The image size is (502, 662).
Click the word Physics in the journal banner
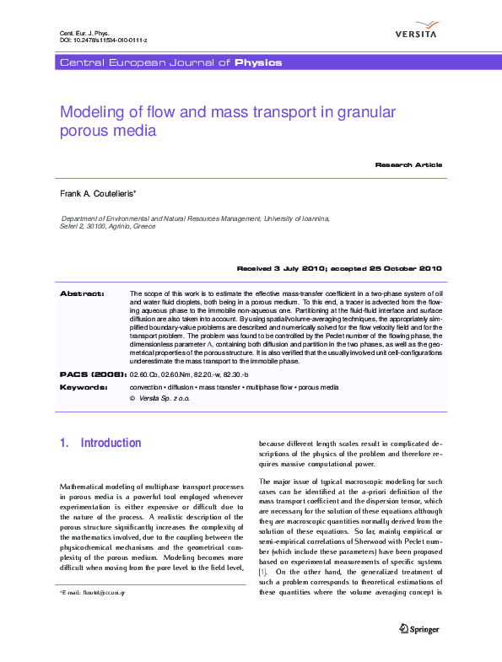click(258, 62)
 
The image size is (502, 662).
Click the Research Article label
click(408, 164)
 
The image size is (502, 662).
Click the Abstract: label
click(82, 293)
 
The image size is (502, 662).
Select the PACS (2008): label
click(93, 373)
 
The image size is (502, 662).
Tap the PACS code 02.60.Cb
click(145, 374)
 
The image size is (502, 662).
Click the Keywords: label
click(84, 387)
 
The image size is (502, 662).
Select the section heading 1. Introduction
click(100, 443)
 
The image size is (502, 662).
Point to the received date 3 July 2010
click(301, 268)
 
